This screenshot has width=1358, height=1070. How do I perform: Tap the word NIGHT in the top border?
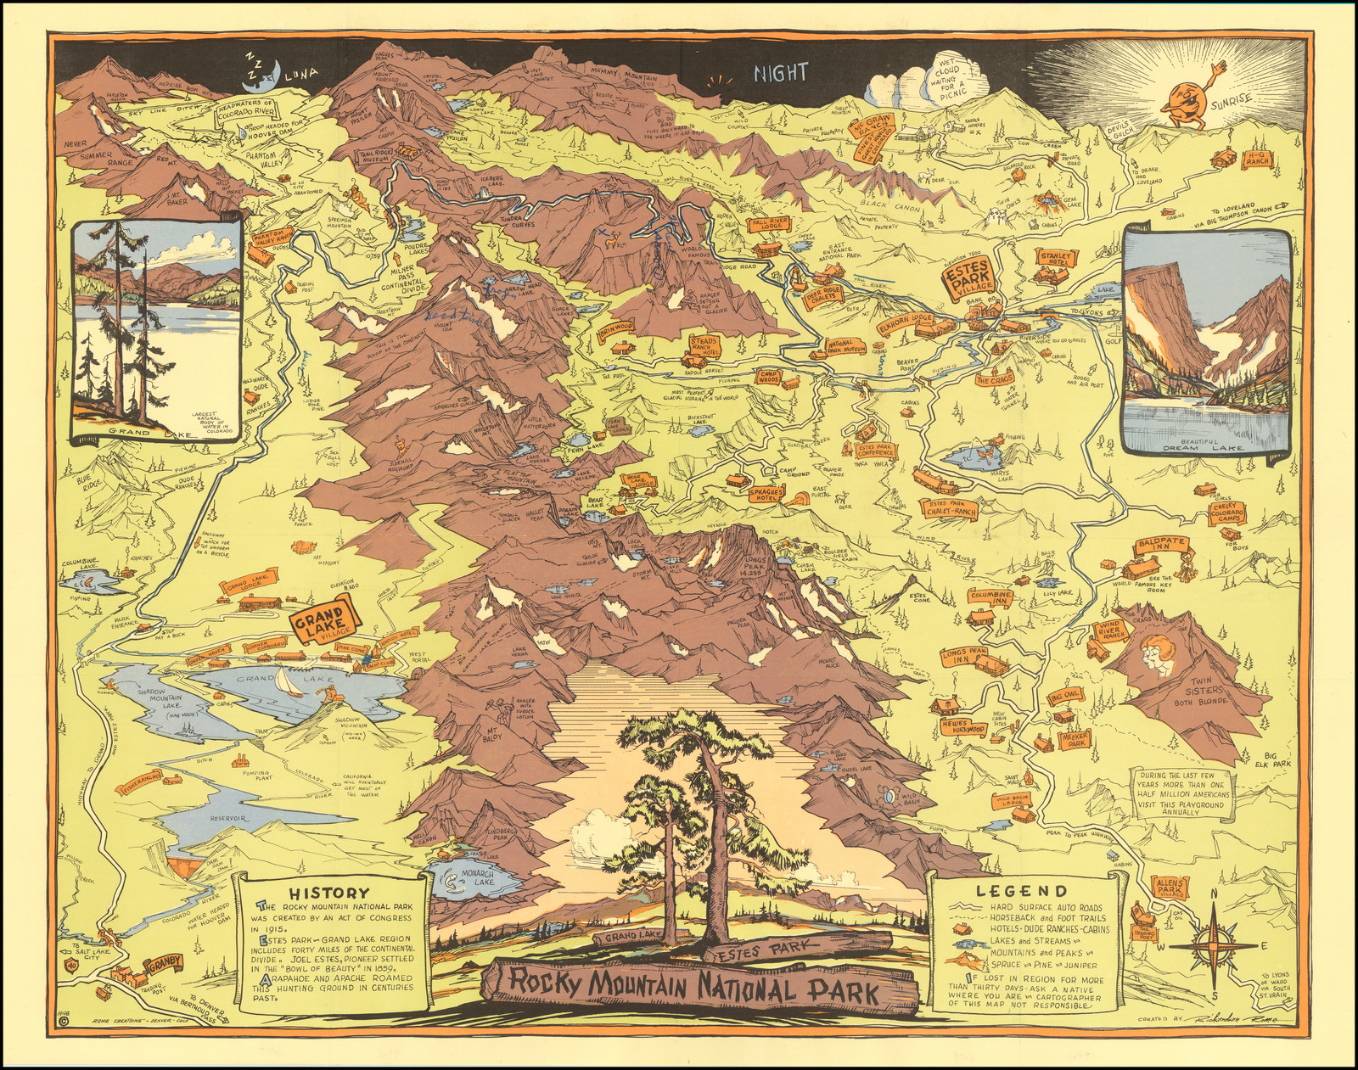pyautogui.click(x=781, y=73)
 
